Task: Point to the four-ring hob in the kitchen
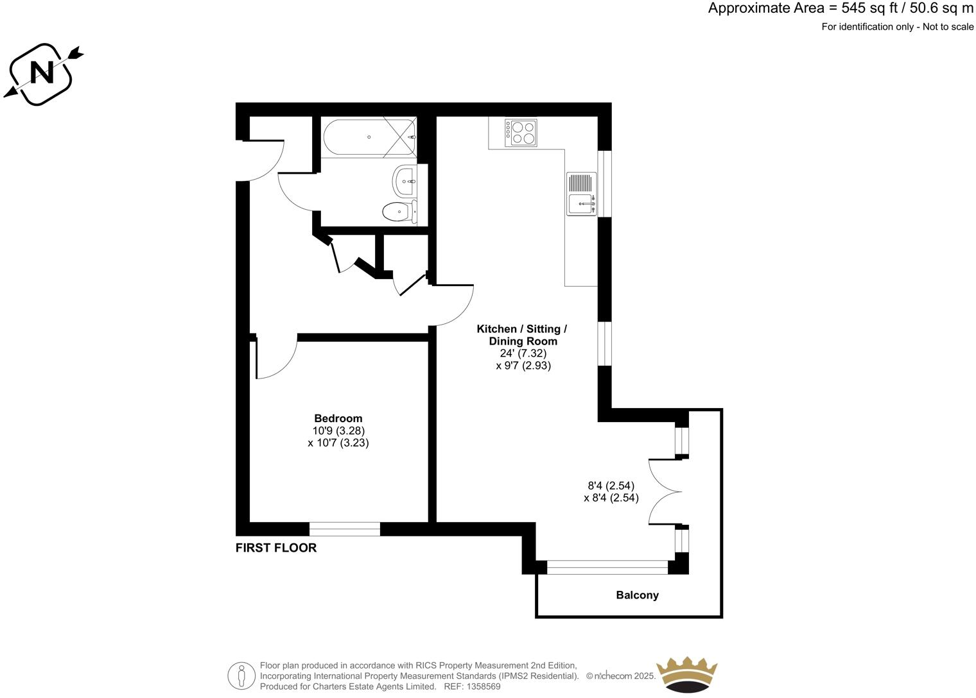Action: pos(521,132)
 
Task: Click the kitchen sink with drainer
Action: pos(582,194)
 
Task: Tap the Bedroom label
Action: pos(338,418)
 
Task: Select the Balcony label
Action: pos(637,595)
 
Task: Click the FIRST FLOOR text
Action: pos(276,547)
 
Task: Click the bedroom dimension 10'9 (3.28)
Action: pos(338,430)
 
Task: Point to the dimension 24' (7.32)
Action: pos(523,353)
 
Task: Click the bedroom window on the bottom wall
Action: pos(345,529)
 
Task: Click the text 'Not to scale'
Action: pos(948,27)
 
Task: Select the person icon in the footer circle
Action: pos(242,676)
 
